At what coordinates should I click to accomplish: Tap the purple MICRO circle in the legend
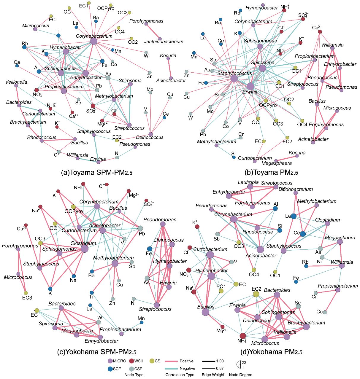110,361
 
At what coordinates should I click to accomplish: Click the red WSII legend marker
131,361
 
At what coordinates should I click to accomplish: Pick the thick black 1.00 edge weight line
209,361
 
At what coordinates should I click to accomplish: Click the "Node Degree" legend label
240,375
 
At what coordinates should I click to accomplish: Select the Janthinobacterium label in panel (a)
164,42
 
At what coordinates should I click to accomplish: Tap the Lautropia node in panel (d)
250,187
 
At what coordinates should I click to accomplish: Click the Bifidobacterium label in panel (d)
296,189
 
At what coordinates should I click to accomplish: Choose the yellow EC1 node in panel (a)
89,3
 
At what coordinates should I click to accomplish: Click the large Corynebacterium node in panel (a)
93,42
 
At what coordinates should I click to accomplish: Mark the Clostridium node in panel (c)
85,249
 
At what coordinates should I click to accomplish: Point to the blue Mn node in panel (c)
142,322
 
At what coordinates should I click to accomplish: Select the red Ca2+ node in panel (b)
320,32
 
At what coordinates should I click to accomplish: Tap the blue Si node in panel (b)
234,157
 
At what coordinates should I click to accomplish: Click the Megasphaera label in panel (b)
276,163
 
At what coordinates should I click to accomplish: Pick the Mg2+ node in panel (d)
222,327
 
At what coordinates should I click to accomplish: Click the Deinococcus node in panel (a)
151,134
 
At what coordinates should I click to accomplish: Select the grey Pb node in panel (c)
140,228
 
